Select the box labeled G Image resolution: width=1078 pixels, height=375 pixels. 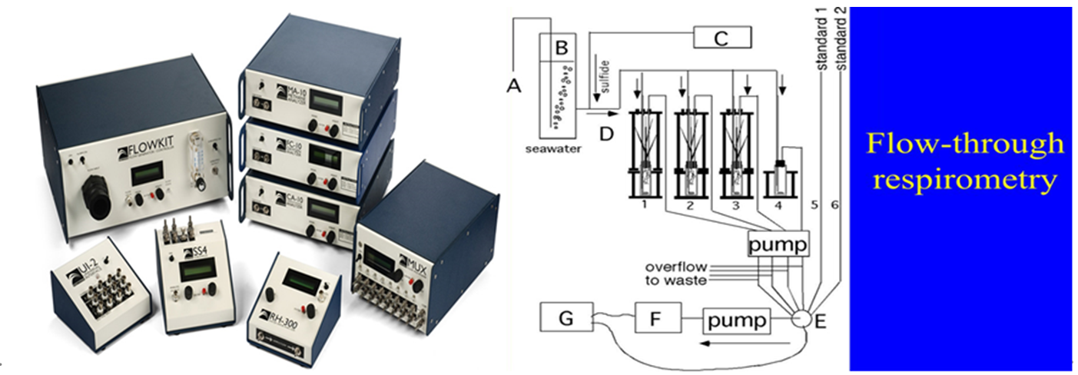click(x=566, y=317)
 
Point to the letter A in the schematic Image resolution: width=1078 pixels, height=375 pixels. click(x=514, y=87)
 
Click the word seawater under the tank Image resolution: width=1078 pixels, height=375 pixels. click(x=555, y=148)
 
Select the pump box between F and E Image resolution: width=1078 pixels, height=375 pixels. click(x=736, y=320)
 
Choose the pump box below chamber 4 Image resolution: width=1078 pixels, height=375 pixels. click(x=778, y=244)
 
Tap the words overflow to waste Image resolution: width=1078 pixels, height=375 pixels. click(x=676, y=274)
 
